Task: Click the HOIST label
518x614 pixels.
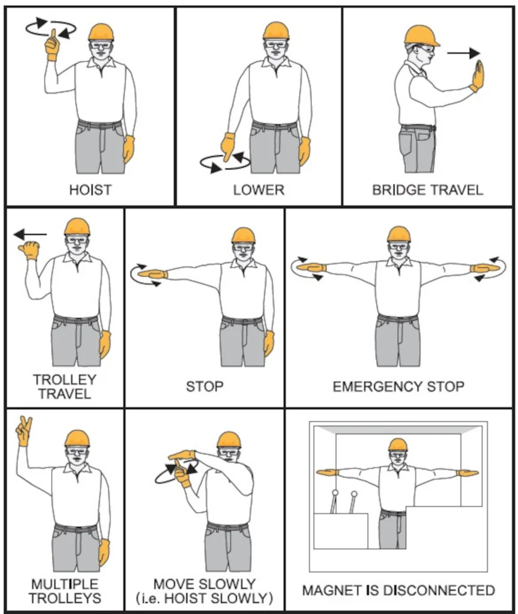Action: tap(90, 190)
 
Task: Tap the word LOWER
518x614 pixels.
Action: tap(259, 190)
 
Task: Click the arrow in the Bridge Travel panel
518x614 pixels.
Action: tap(463, 53)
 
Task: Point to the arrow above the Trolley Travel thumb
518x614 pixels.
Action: tap(30, 234)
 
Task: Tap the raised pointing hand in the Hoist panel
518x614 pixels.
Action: tap(52, 44)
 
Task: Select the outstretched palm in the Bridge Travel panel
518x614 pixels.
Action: tap(478, 76)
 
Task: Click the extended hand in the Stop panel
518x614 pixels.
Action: tap(152, 273)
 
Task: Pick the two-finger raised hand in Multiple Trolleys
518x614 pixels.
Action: tap(24, 431)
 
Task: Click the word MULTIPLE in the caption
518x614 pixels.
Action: tap(65, 584)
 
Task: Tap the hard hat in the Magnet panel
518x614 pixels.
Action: tap(398, 445)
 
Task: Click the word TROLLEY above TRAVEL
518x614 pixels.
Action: tap(65, 380)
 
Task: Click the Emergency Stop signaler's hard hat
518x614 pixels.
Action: tap(399, 234)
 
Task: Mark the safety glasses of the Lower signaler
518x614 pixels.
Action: tap(276, 44)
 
